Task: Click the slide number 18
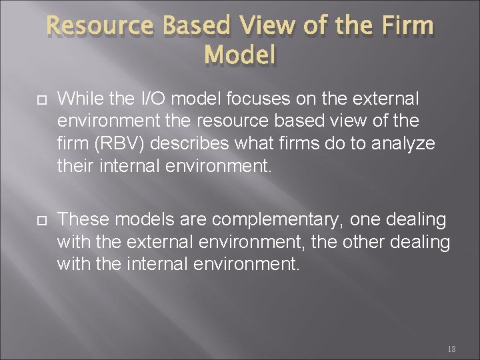[451, 349]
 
